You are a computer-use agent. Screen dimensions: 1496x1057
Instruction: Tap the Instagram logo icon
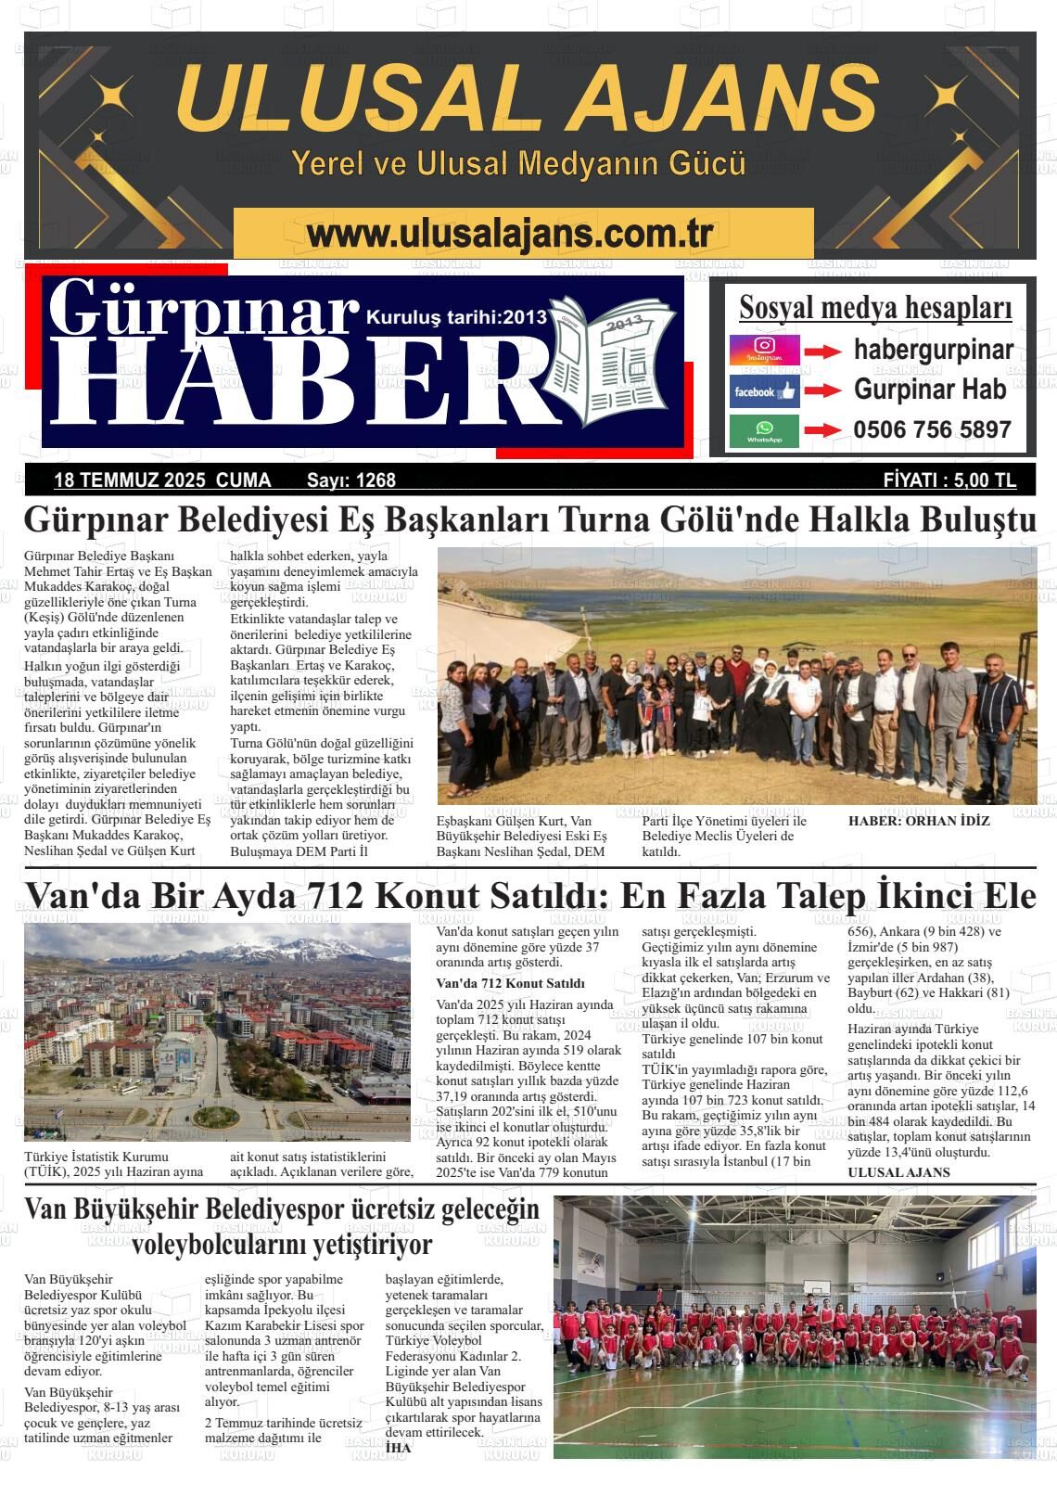[764, 351]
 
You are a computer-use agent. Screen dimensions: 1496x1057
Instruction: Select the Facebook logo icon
[764, 391]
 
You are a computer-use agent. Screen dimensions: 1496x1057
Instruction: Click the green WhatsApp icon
[764, 431]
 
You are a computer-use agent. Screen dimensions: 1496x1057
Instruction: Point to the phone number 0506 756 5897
[932, 430]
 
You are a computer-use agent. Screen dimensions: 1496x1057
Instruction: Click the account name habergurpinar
[933, 351]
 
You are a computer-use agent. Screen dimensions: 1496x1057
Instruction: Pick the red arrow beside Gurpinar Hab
[821, 391]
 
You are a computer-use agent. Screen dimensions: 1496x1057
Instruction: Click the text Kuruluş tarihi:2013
[457, 317]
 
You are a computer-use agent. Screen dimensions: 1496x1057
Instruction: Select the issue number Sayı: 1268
[350, 480]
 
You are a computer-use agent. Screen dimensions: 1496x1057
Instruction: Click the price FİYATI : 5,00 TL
[949, 480]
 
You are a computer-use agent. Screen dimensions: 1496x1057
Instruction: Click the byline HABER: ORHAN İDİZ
[919, 821]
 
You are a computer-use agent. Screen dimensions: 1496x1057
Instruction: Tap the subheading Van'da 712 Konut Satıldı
[510, 983]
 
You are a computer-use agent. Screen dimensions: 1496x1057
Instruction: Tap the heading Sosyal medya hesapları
[875, 308]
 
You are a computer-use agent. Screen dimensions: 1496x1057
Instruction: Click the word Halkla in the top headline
[846, 520]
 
